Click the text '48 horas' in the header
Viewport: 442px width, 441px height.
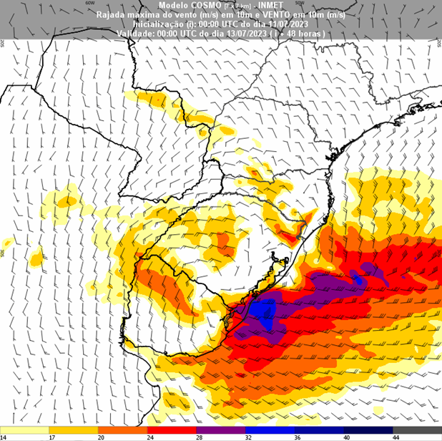[308, 33]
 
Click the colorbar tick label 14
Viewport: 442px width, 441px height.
[3, 437]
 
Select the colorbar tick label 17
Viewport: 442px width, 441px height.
[52, 437]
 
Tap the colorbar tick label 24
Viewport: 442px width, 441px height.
[149, 437]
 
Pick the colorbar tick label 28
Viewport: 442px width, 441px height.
[198, 437]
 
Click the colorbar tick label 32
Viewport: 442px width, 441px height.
[247, 437]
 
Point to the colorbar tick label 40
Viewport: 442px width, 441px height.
[345, 437]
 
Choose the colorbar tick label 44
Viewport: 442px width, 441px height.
[394, 437]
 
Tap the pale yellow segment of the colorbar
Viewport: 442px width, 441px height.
[26, 430]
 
